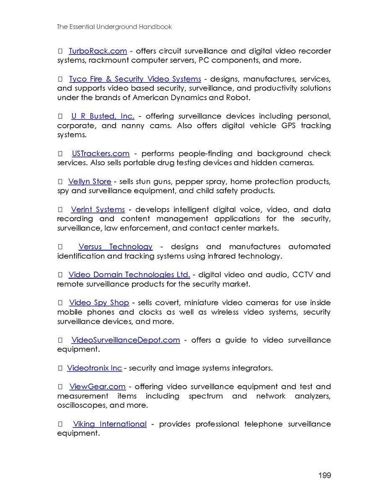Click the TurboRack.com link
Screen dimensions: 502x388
98,51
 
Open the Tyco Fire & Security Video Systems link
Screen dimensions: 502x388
135,79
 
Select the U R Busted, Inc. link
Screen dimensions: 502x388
103,116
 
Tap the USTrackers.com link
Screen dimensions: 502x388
101,153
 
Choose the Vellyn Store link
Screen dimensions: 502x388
90,181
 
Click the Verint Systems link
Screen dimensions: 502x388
98,210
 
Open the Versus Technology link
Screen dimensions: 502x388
115,247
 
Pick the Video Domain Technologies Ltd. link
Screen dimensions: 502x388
129,275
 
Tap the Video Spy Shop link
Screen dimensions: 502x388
99,303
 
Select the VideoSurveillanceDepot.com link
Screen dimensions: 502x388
125,340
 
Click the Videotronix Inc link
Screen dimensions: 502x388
94,368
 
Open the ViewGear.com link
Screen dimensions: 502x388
97,386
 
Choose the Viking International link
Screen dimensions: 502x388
110,424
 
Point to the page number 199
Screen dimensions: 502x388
324,475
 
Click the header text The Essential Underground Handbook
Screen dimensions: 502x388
114,27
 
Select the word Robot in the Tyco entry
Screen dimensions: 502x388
238,98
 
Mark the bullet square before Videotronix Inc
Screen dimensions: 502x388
60,368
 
